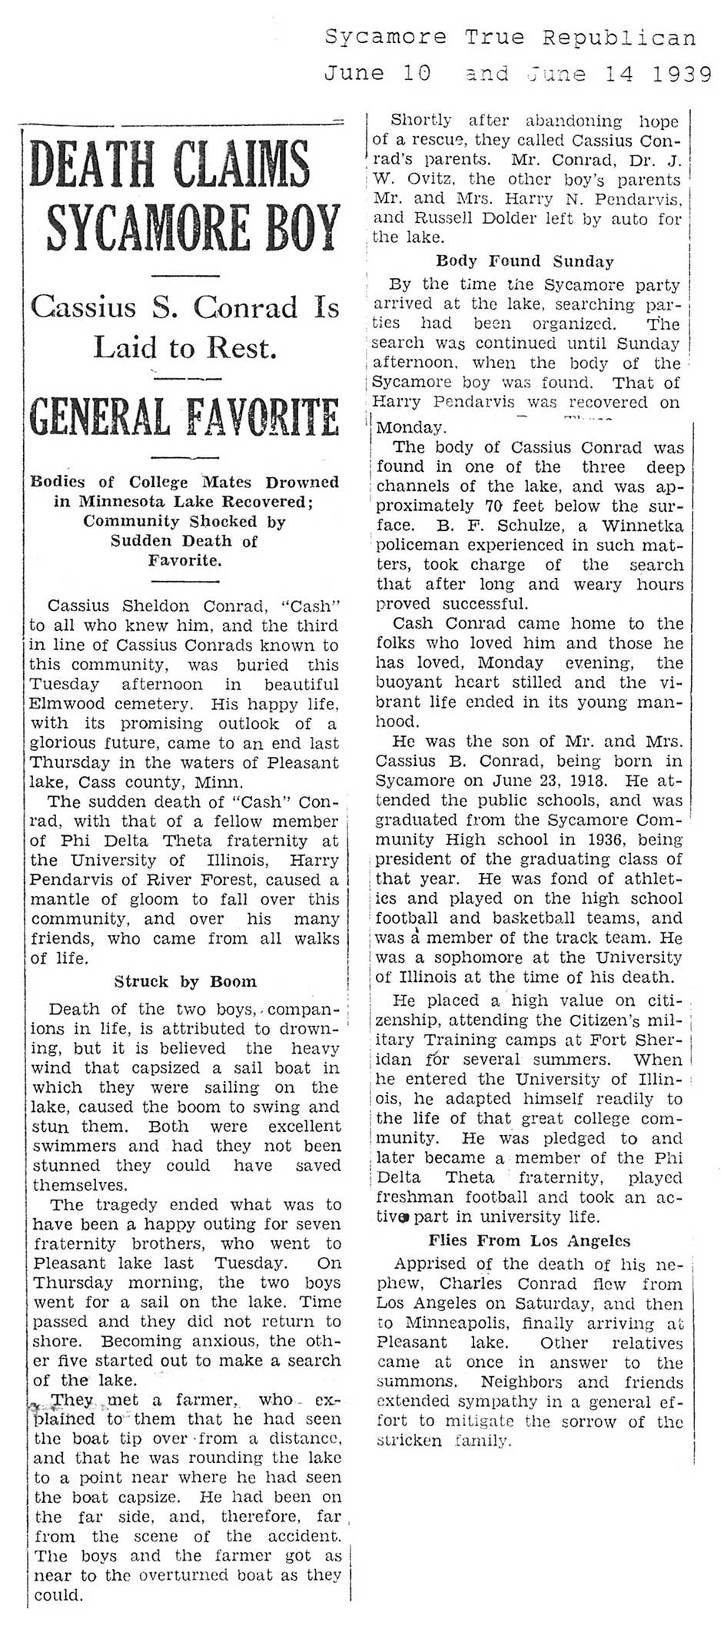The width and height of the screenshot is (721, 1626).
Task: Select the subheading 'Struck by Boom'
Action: pyautogui.click(x=185, y=981)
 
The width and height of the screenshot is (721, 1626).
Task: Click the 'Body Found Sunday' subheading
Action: pyautogui.click(x=525, y=260)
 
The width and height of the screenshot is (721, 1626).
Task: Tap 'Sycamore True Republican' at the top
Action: pyautogui.click(x=510, y=37)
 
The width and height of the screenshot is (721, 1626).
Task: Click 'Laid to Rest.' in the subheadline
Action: pyautogui.click(x=184, y=348)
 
